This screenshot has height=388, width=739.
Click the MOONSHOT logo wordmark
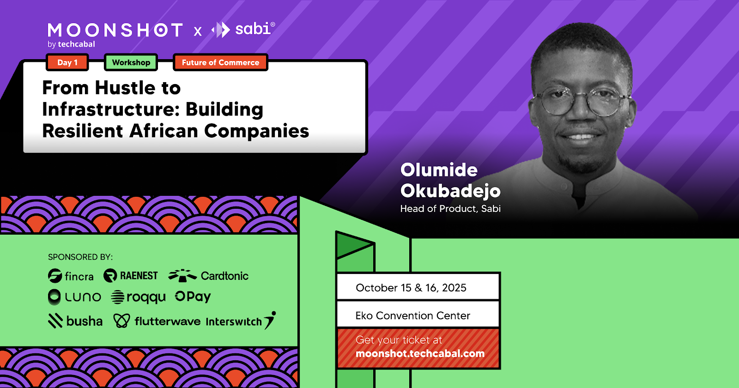[x=115, y=30]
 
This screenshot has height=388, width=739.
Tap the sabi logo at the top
[x=243, y=30]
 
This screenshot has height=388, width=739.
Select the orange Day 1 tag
[x=67, y=62]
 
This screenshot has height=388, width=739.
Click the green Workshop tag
[x=131, y=62]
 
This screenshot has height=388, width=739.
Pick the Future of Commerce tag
[x=220, y=62]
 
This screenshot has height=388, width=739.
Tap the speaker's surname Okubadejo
[x=450, y=191]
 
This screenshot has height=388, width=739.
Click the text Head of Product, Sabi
[x=450, y=208]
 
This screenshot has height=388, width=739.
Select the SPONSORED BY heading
[x=80, y=257]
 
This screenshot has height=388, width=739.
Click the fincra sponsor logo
[x=71, y=276]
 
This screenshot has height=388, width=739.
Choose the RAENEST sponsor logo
[x=131, y=275]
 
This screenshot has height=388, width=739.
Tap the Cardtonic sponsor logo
[x=208, y=275]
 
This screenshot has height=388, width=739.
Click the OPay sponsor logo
[x=193, y=297]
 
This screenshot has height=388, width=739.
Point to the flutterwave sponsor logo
[x=157, y=321]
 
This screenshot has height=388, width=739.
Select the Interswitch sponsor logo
[x=241, y=321]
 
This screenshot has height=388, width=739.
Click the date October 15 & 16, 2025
[x=411, y=288]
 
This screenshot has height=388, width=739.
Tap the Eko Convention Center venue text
[x=413, y=316]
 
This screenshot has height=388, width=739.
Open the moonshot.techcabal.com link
[x=420, y=354]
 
